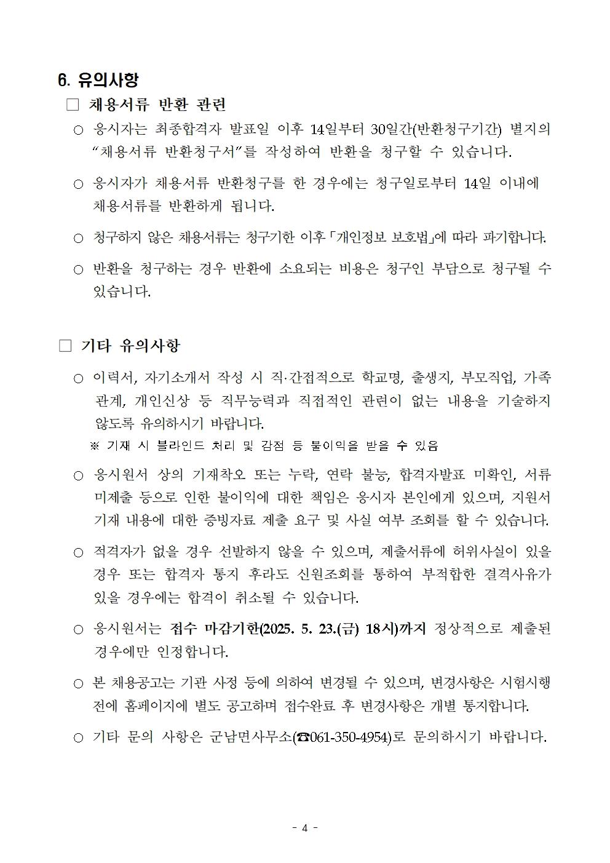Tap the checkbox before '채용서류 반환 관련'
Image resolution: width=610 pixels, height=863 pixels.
tap(73, 105)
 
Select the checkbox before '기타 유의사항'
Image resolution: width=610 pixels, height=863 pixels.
tap(65, 346)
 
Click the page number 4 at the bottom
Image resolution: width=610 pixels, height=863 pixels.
tap(304, 827)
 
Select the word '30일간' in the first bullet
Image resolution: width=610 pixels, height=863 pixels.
tap(390, 129)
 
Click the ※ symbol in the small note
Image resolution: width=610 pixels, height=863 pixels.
tap(95, 445)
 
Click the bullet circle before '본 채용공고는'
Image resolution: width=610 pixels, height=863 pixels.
tap(78, 683)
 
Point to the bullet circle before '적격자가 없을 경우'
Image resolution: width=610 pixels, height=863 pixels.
tap(78, 552)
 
